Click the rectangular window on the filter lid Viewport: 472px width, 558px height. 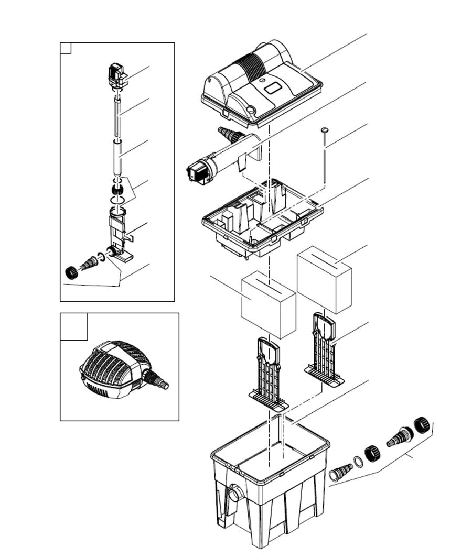[x=274, y=89]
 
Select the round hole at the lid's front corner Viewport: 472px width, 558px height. [x=251, y=109]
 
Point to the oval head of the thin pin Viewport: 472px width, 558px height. [x=325, y=129]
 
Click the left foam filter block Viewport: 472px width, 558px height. [x=268, y=308]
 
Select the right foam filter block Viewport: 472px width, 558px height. [x=324, y=278]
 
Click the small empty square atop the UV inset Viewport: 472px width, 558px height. [x=66, y=48]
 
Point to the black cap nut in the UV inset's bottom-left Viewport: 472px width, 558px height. [x=69, y=271]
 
